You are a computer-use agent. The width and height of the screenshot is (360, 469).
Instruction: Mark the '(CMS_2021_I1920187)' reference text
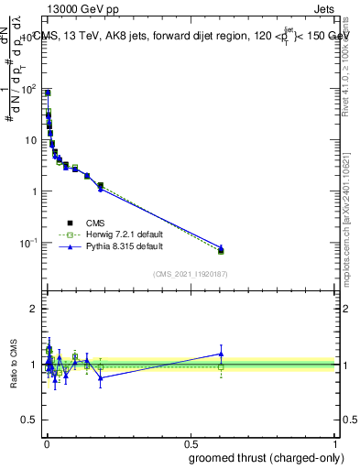coord(189,274)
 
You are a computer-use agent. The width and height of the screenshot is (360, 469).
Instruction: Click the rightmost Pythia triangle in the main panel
coord(221,247)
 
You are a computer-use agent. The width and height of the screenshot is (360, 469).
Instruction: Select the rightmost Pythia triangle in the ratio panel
coord(221,354)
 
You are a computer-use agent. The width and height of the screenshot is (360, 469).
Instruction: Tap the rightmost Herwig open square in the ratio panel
coord(221,367)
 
